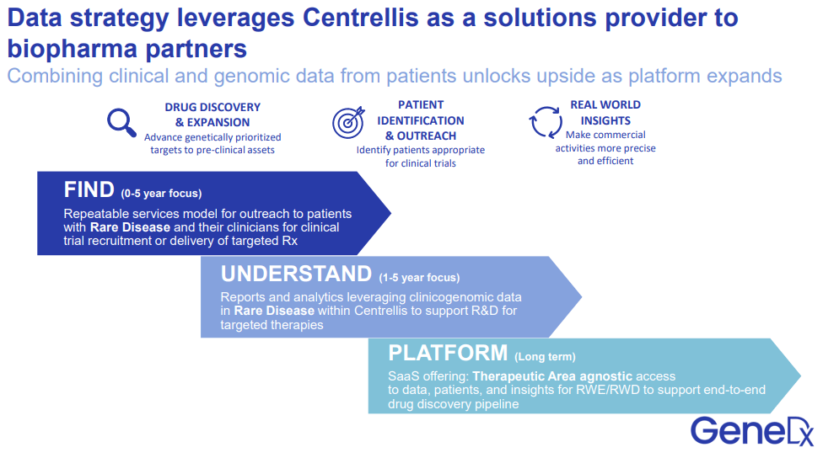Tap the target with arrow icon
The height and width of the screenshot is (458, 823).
(348, 123)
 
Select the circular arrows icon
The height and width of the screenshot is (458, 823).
(546, 122)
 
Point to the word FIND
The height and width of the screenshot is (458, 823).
(89, 189)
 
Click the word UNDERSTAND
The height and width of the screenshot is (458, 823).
(296, 274)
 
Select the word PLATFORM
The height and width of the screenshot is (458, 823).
(448, 354)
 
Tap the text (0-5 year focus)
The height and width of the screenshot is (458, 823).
(161, 193)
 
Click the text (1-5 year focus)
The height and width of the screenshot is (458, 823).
(419, 277)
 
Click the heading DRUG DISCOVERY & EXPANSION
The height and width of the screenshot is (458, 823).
(212, 114)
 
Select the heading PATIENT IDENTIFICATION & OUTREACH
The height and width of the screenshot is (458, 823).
(420, 120)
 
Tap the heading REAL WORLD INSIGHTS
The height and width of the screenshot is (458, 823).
(605, 112)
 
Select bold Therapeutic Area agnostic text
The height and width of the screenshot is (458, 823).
(551, 375)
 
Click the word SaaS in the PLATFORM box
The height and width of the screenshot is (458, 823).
(403, 375)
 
